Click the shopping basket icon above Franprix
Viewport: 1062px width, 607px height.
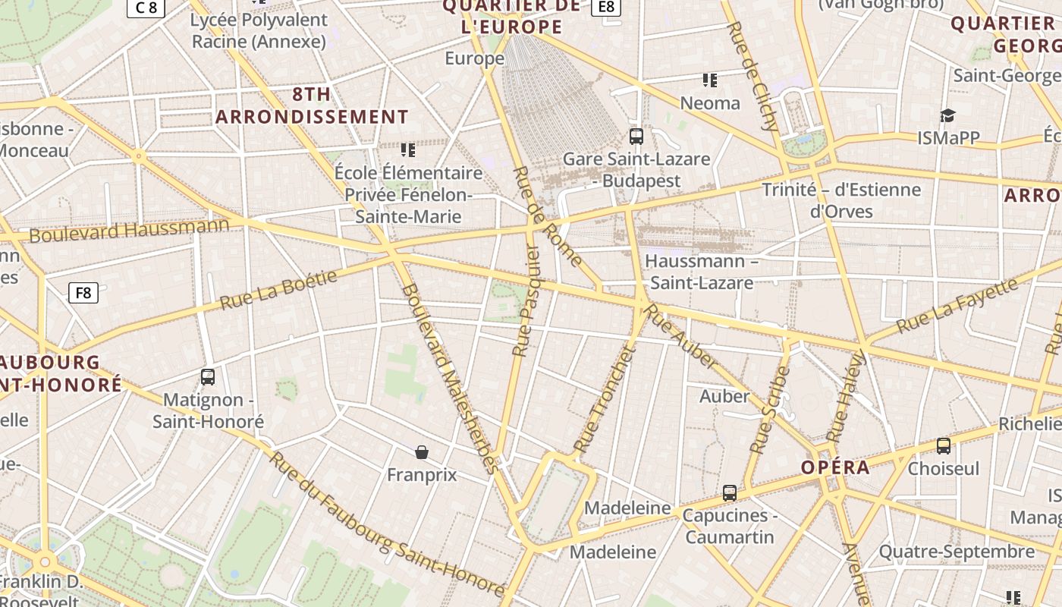(422, 452)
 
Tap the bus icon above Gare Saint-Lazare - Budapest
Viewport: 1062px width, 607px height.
(636, 137)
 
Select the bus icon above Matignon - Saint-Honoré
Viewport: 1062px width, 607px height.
(208, 376)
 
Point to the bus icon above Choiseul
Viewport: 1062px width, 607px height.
(944, 446)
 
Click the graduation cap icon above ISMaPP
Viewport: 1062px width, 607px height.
(947, 115)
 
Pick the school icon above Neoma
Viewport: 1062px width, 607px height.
(710, 80)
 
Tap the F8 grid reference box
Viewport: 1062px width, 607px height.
(83, 292)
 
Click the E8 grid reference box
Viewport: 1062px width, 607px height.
(605, 7)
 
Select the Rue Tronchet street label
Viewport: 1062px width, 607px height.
(603, 400)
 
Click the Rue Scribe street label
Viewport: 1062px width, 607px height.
(770, 410)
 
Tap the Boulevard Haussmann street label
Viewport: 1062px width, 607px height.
(129, 231)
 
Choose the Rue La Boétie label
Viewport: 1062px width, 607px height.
(278, 291)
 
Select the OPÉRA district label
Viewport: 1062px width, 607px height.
(836, 467)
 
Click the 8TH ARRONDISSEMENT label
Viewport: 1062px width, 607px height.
(313, 105)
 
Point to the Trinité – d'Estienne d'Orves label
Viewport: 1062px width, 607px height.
(841, 200)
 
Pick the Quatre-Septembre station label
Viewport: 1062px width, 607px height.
(957, 552)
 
